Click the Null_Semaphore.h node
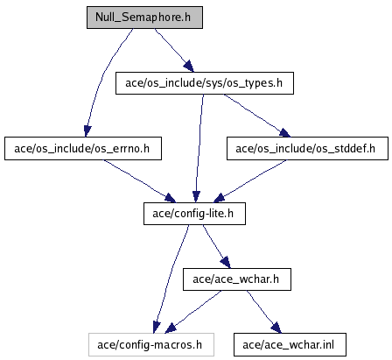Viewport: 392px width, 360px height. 144,18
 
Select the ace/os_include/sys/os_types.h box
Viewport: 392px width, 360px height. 205,83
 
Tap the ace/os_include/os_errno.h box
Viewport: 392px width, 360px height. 83,149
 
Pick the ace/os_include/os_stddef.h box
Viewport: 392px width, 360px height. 307,149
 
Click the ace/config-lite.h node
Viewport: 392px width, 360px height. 194,214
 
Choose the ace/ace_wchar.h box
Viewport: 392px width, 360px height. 237,279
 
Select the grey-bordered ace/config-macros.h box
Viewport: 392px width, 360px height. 151,345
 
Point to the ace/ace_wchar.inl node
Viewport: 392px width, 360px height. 290,345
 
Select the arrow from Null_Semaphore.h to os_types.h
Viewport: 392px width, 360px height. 174,50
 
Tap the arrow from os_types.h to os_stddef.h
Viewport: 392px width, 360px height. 256,115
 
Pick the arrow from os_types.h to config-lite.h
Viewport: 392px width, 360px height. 199,148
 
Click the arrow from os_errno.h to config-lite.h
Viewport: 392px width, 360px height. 139,181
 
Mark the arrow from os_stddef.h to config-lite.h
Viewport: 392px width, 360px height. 250,181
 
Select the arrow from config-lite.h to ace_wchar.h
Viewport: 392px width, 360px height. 216,246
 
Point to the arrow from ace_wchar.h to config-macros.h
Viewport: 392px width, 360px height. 193,312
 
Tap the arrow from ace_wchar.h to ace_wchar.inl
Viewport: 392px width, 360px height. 263,312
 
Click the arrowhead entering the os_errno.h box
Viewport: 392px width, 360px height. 87,131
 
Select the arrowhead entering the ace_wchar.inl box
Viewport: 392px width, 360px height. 276,328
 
